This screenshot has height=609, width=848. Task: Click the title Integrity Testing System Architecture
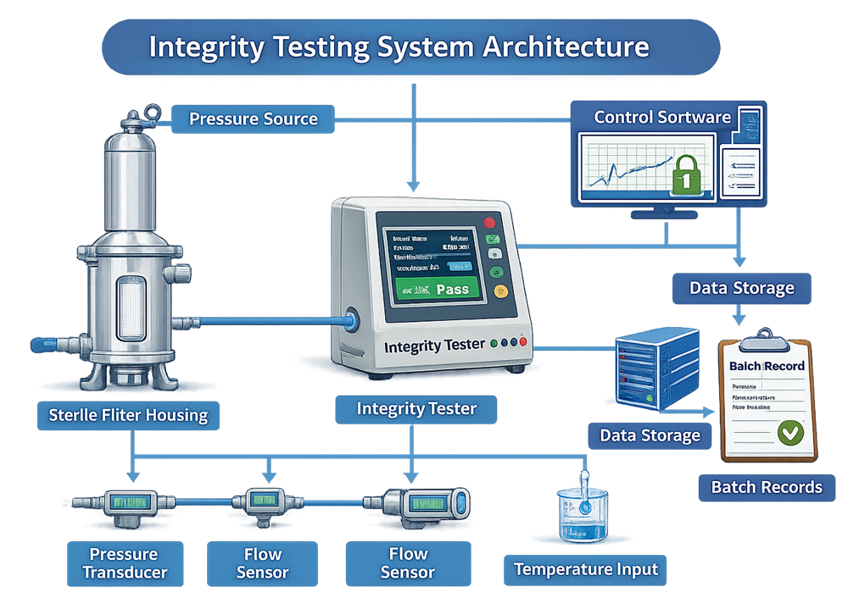pyautogui.click(x=399, y=46)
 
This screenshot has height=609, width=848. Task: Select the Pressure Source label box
pyautogui.click(x=253, y=119)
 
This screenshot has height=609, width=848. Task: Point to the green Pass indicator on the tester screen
pyautogui.click(x=451, y=289)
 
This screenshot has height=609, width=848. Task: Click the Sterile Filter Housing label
pyautogui.click(x=128, y=415)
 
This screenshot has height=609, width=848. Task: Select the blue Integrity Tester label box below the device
pyautogui.click(x=416, y=410)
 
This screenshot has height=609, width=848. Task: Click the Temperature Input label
pyautogui.click(x=585, y=569)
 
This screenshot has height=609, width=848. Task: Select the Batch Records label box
pyautogui.click(x=767, y=487)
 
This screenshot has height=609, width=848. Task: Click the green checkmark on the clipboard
pyautogui.click(x=790, y=433)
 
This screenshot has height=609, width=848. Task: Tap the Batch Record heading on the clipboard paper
pyautogui.click(x=767, y=366)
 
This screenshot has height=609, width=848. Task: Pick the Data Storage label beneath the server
pyautogui.click(x=650, y=435)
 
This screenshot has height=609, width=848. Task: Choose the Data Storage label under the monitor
pyautogui.click(x=741, y=288)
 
